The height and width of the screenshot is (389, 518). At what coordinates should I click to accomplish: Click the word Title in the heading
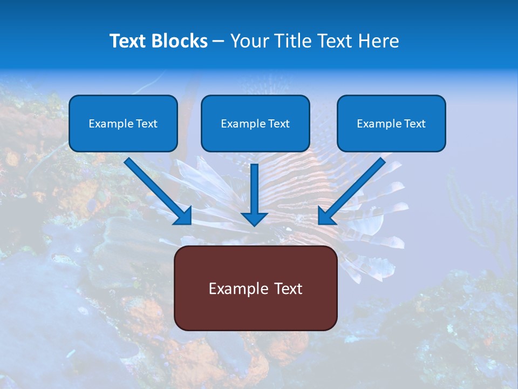coord(291,41)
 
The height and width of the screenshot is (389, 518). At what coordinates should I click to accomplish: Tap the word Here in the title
coord(379,41)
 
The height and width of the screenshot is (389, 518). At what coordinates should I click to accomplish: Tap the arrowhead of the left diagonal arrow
coord(183,216)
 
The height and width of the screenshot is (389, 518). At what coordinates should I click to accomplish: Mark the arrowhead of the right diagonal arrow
coord(326,216)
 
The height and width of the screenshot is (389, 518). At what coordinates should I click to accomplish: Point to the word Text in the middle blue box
coord(279,124)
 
